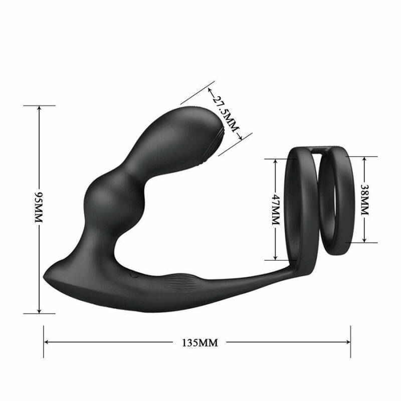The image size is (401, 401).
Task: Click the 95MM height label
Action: coord(39,209)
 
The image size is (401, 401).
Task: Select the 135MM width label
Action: coord(199,342)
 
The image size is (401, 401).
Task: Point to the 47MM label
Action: coord(275,209)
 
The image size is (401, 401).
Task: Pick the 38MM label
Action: coord(364,199)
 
